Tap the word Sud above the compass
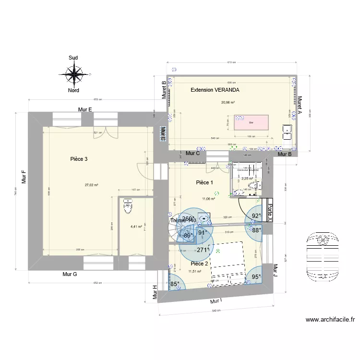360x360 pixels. click(x=73, y=58)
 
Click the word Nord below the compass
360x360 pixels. click(x=73, y=90)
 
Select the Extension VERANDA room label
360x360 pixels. click(x=215, y=90)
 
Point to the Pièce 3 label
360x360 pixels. click(x=79, y=159)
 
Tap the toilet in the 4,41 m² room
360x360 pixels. click(x=128, y=206)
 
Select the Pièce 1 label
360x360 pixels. click(x=204, y=182)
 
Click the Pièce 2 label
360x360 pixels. click(x=199, y=264)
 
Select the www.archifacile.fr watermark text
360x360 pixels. click(x=330, y=319)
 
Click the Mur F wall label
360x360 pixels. click(x=23, y=177)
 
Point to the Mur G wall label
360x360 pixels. click(x=70, y=274)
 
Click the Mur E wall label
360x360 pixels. click(x=85, y=109)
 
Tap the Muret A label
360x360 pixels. click(x=300, y=107)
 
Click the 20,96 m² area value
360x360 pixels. click(x=228, y=102)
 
